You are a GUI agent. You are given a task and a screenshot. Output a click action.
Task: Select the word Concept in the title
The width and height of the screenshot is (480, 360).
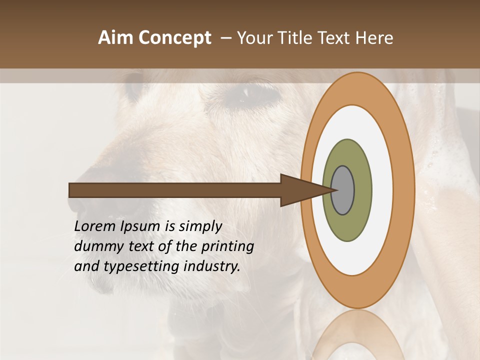(174, 38)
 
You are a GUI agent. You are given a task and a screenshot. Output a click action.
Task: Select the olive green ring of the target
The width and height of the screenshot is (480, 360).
(347, 227)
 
